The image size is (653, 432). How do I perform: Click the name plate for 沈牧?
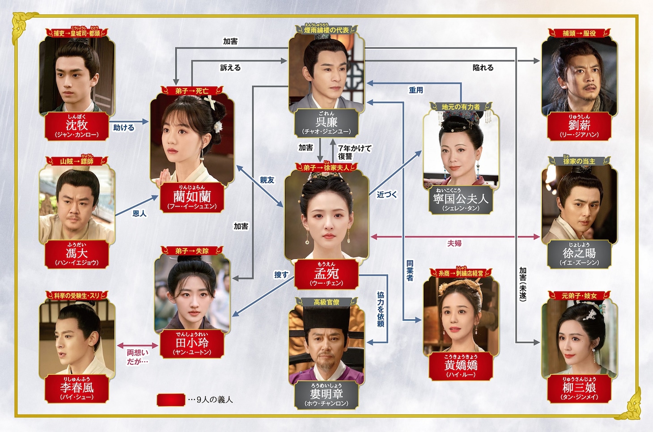click(76, 127)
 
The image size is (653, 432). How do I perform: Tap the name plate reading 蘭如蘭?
click(192, 197)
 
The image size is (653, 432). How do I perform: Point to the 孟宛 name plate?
click(326, 274)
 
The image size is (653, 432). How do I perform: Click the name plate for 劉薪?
click(579, 127)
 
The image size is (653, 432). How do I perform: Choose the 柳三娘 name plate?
click(579, 389)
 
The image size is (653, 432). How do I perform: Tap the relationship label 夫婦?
click(454, 243)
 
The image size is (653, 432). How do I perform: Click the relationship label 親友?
click(267, 180)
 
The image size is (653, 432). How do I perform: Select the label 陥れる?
click(483, 68)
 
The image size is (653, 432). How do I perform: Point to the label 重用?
click(416, 90)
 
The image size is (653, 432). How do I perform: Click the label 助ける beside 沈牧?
click(123, 127)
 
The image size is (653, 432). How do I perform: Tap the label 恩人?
click(139, 213)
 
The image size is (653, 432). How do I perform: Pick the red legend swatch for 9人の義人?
click(171, 399)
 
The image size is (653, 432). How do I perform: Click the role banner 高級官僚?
click(326, 302)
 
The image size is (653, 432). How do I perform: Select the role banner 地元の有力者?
click(461, 107)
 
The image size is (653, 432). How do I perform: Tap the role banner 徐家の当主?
click(579, 161)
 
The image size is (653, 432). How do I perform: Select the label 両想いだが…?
click(137, 357)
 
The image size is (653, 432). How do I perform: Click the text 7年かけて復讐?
click(354, 152)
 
